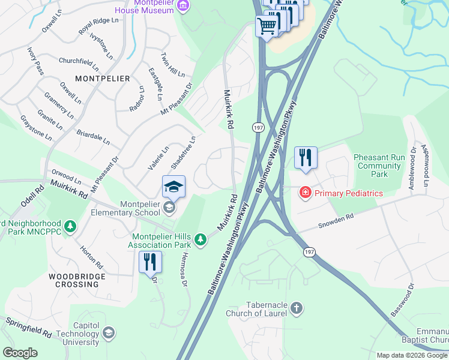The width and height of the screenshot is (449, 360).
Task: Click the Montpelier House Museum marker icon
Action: tap(184, 6)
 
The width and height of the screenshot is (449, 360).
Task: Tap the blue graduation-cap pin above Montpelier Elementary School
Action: tap(173, 187)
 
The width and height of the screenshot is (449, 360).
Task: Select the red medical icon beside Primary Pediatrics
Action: tap(306, 193)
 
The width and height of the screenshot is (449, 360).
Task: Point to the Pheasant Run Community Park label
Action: tap(379, 166)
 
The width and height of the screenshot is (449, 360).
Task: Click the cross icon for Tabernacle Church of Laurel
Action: tap(296, 308)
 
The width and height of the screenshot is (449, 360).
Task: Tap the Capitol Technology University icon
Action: tap(109, 333)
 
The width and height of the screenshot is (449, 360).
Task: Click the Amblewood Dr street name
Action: tap(412, 169)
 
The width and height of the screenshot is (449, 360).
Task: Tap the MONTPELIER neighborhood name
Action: tap(102, 79)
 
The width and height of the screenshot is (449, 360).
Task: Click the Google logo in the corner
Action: tap(19, 353)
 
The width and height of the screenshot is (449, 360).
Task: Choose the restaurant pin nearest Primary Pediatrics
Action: tap(306, 158)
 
